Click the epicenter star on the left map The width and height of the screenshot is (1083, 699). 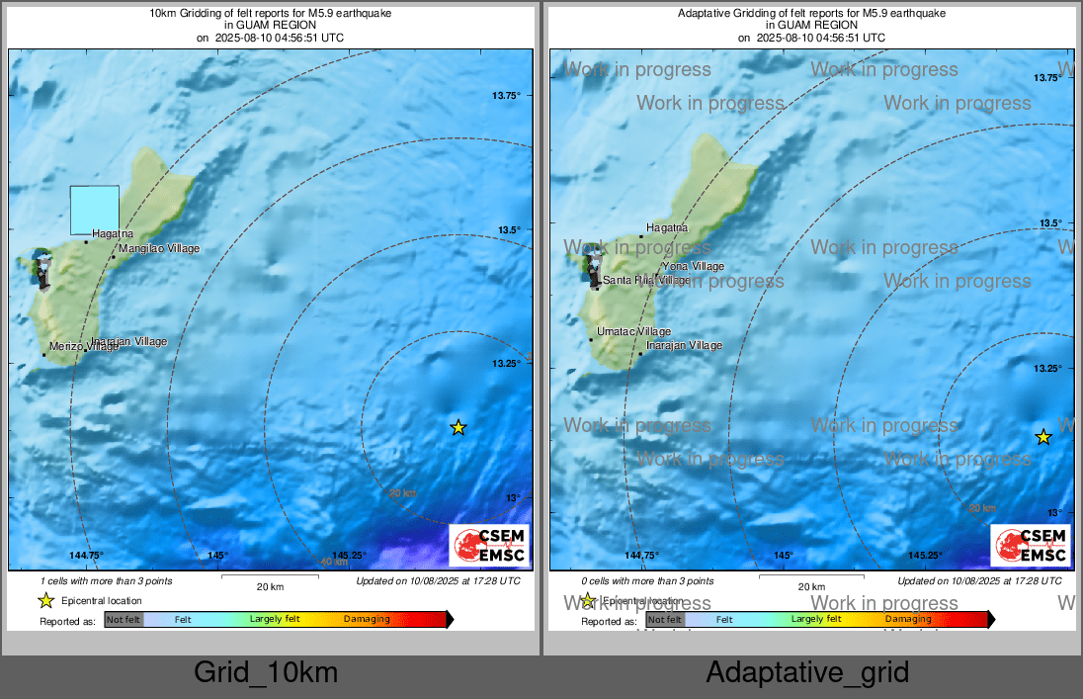click(x=458, y=427)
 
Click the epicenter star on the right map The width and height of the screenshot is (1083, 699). click(x=1042, y=437)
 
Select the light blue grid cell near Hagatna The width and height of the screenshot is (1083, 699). click(x=95, y=210)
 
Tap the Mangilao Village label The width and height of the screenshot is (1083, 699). click(x=159, y=248)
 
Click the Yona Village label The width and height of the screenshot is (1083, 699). click(x=693, y=266)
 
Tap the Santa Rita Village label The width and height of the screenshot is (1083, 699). click(x=647, y=280)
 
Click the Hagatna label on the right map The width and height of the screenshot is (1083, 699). click(x=666, y=228)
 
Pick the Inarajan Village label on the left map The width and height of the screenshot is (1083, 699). click(x=129, y=342)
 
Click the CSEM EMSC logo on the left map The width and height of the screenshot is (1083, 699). click(x=489, y=546)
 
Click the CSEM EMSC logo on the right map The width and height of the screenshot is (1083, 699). click(x=1031, y=546)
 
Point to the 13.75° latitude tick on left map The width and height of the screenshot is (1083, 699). click(x=506, y=95)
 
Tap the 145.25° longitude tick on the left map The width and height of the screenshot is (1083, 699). click(x=351, y=556)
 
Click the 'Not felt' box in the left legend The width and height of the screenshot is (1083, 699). click(x=124, y=620)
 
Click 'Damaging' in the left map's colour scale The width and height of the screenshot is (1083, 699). click(x=367, y=620)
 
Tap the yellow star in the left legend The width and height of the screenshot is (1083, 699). click(x=45, y=600)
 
